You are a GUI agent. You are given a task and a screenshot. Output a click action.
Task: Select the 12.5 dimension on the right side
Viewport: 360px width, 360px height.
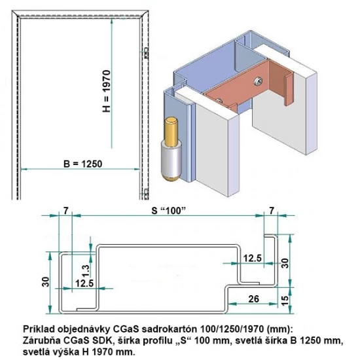252,259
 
